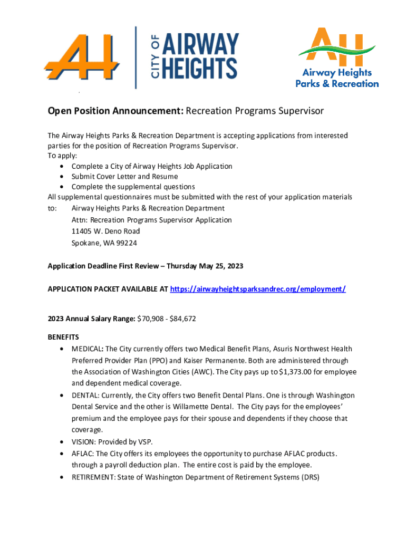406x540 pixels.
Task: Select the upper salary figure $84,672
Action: (x=182, y=319)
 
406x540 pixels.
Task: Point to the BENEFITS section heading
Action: (x=63, y=336)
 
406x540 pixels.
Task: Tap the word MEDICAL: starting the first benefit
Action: (x=88, y=349)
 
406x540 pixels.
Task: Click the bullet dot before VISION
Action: (x=63, y=442)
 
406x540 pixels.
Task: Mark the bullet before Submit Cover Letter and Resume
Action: (x=63, y=177)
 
